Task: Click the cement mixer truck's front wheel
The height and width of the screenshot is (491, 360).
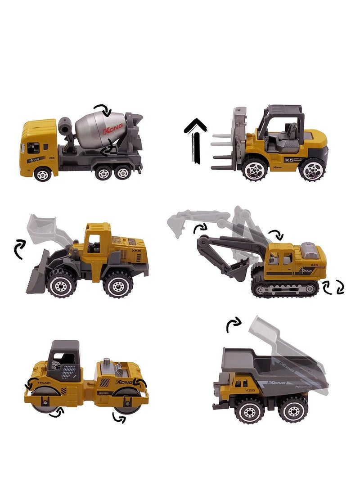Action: coord(42,174)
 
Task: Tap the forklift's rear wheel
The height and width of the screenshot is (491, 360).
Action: coord(312,170)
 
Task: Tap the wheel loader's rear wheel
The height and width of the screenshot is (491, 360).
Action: coord(117,284)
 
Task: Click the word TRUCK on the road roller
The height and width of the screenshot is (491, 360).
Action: coord(44,383)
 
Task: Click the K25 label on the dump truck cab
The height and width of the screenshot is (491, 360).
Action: coord(250,390)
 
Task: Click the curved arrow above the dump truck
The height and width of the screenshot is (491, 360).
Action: coord(233,325)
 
